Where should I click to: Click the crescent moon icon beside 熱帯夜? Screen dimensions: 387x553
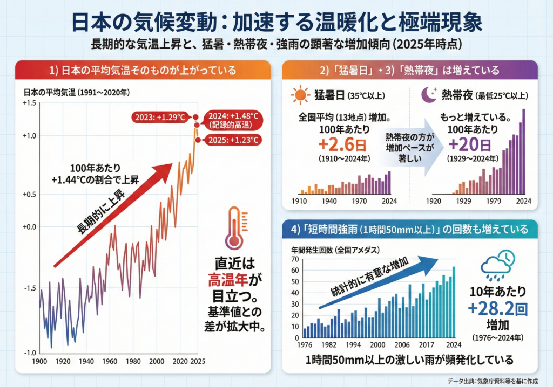pyautogui.click(x=430, y=95)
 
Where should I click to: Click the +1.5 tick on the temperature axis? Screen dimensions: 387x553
pyautogui.click(x=29, y=103)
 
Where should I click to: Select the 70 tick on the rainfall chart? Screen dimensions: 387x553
pyautogui.click(x=295, y=259)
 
